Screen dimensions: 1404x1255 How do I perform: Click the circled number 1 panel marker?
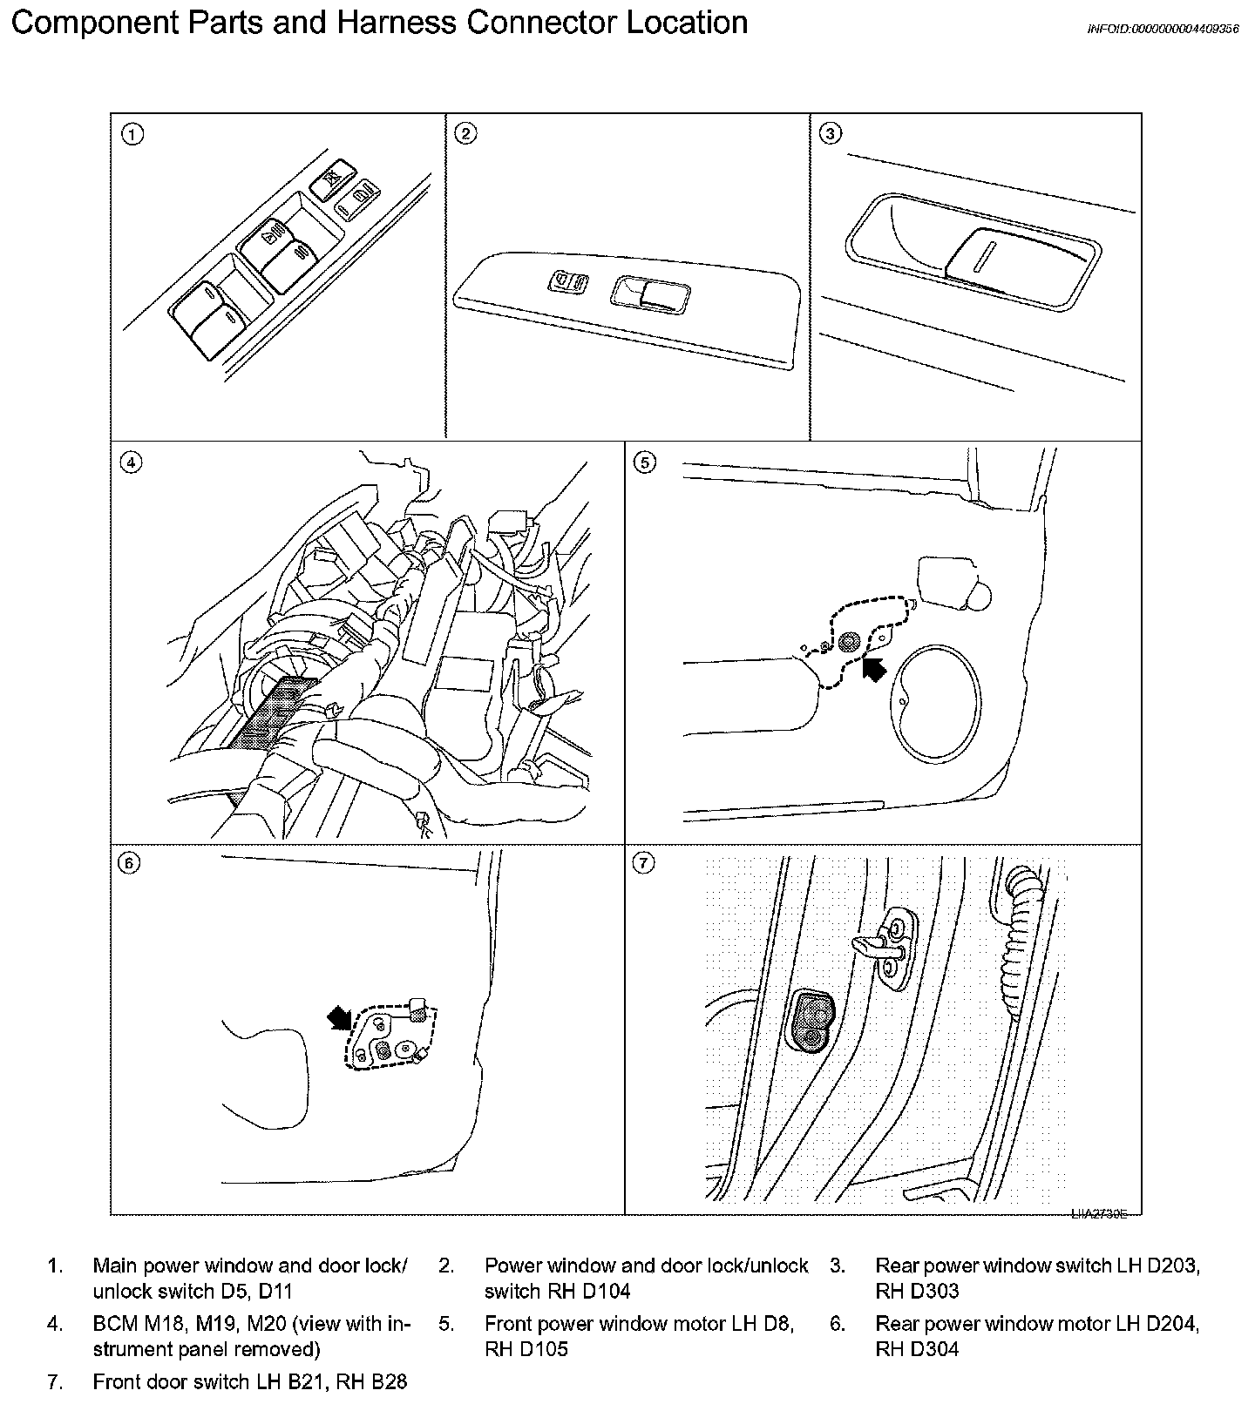(132, 134)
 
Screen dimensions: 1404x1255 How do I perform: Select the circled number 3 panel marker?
(831, 133)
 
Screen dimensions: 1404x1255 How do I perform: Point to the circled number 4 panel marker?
(131, 462)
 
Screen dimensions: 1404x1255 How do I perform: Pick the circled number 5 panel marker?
(644, 462)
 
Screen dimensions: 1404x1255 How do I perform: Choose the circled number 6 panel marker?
(129, 862)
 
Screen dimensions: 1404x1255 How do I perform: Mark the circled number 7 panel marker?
(643, 863)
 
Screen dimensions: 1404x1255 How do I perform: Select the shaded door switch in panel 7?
(811, 1020)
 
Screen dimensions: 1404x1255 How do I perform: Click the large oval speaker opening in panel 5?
(937, 703)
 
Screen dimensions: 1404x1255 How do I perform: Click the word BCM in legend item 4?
(115, 1324)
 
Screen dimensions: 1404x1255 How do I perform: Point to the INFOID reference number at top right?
(1163, 29)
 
